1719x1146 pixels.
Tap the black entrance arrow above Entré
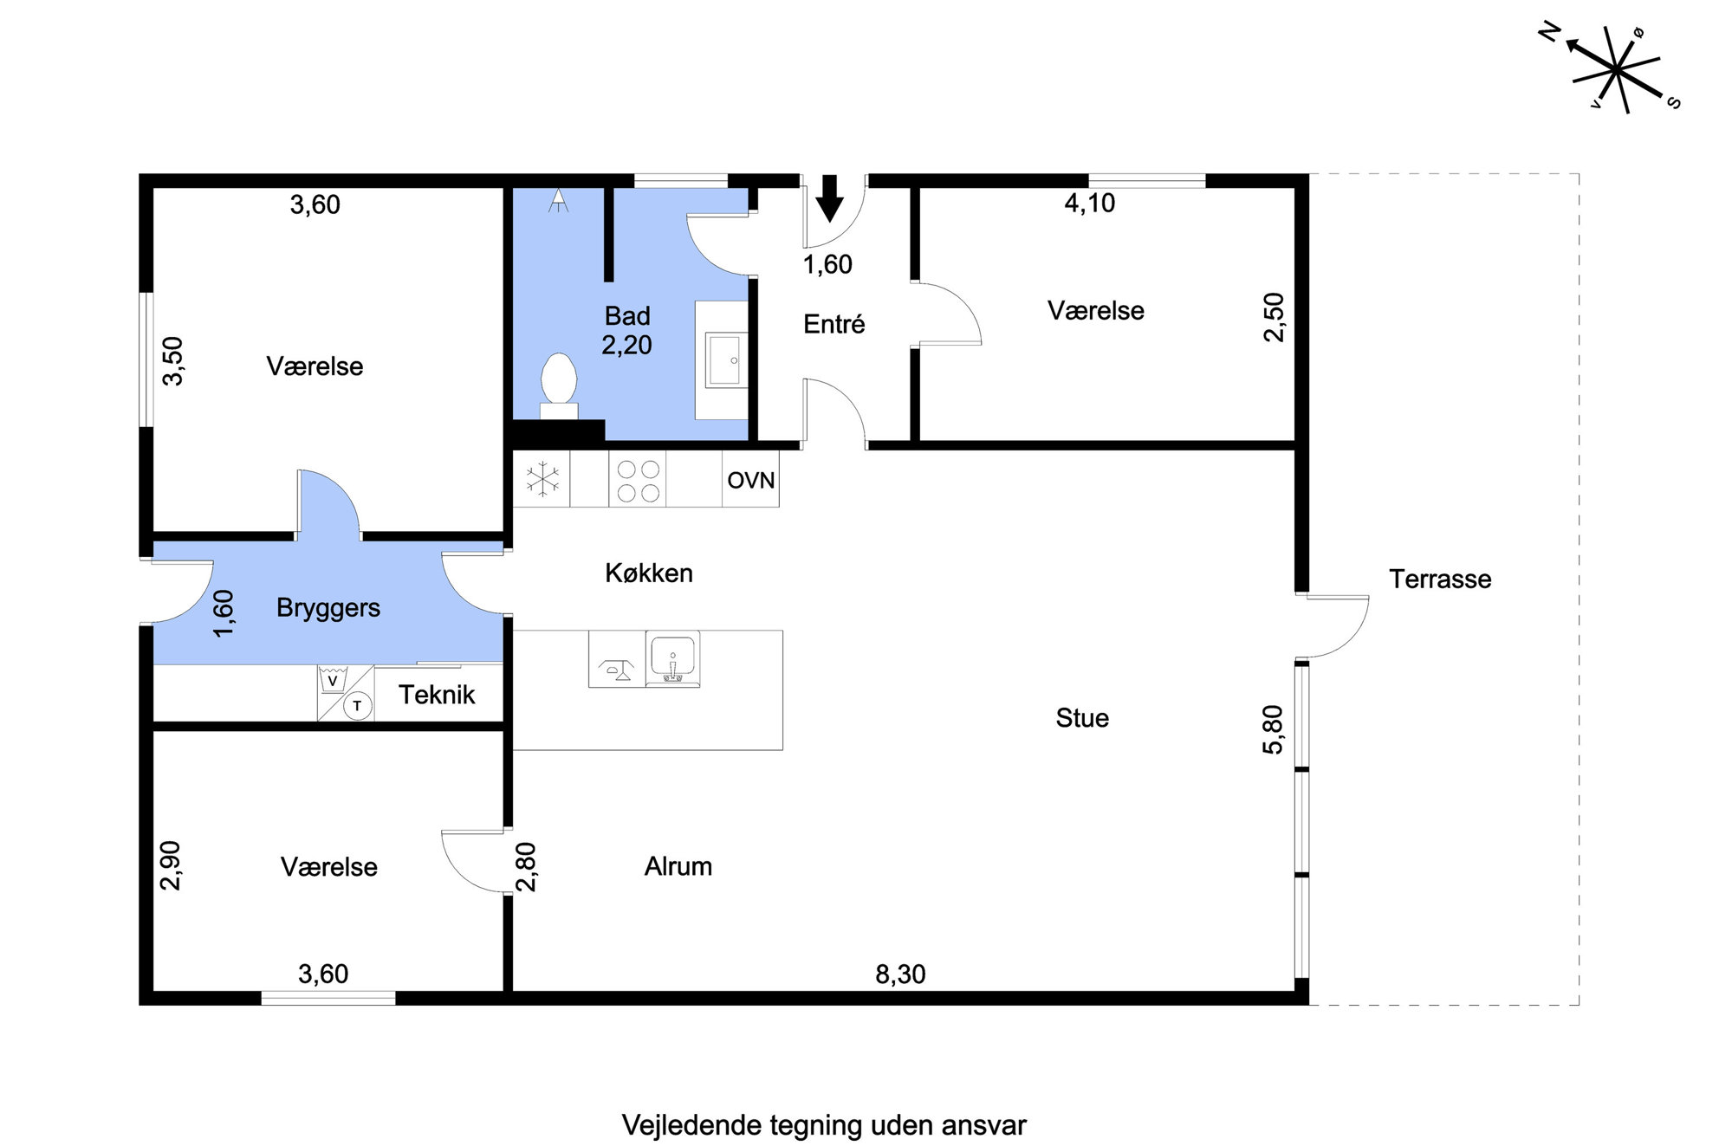pyautogui.click(x=830, y=198)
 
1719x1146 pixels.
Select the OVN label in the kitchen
pyautogui.click(x=751, y=480)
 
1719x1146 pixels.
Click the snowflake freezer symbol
pyautogui.click(x=542, y=479)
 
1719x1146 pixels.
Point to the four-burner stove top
pyautogui.click(x=638, y=481)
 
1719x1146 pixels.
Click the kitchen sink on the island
pyautogui.click(x=672, y=659)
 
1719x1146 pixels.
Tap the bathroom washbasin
pyautogui.click(x=723, y=359)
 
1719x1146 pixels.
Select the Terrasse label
pyautogui.click(x=1440, y=579)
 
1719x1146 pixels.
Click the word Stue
pyautogui.click(x=1082, y=717)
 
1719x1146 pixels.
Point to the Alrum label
pyautogui.click(x=678, y=866)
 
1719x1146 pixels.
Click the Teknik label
pyautogui.click(x=437, y=695)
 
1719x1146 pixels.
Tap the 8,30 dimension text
pyautogui.click(x=900, y=974)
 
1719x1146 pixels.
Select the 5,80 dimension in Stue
pyautogui.click(x=1273, y=729)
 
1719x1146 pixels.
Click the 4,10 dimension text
pyautogui.click(x=1090, y=203)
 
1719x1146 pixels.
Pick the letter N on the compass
pyautogui.click(x=1549, y=34)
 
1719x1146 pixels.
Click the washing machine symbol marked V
pyautogui.click(x=332, y=680)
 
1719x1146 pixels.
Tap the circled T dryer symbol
pyautogui.click(x=357, y=706)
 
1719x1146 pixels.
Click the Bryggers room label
pyautogui.click(x=328, y=608)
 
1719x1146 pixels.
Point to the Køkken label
pyautogui.click(x=649, y=573)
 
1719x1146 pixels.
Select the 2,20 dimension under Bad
pyautogui.click(x=626, y=345)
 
